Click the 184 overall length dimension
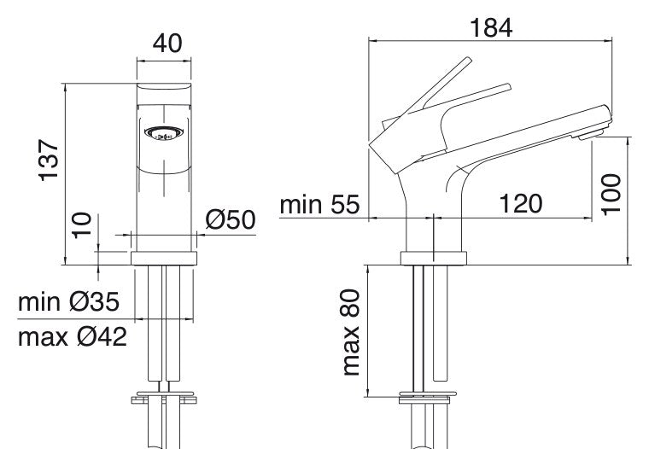click(491, 28)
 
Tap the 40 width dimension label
click(167, 43)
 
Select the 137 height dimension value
click(49, 160)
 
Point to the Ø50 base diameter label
click(230, 219)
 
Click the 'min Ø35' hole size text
click(68, 301)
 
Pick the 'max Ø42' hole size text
click(73, 337)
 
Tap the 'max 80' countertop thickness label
click(351, 332)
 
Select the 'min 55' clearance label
click(319, 204)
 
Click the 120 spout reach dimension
click(521, 203)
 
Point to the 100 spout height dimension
click(611, 195)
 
